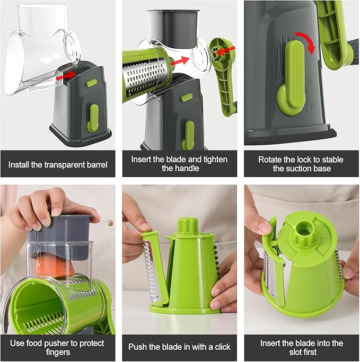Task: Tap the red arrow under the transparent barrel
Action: [66, 76]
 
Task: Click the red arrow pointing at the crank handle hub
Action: [227, 50]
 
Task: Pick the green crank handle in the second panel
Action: [223, 74]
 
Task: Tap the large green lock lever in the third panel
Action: [292, 85]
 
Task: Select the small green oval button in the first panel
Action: [92, 83]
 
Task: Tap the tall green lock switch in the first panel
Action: [93, 118]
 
